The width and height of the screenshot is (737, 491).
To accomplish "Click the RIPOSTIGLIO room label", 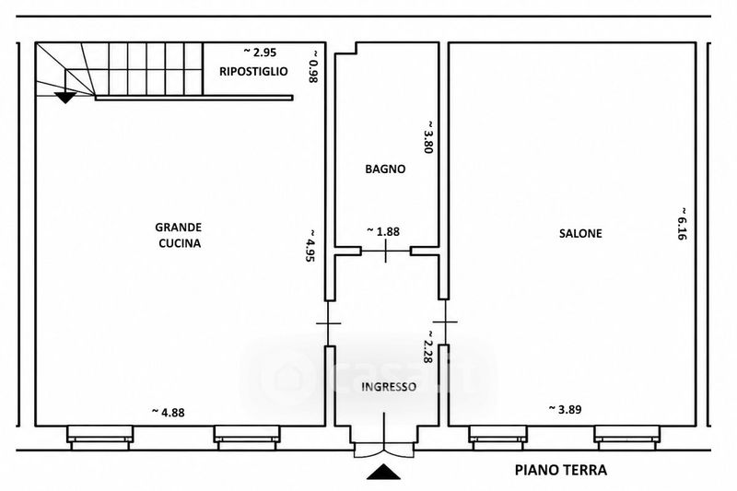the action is pyautogui.click(x=253, y=72).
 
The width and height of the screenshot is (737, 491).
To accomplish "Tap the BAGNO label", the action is pyautogui.click(x=385, y=169).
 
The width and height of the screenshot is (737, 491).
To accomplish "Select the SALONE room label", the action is pyautogui.click(x=580, y=233).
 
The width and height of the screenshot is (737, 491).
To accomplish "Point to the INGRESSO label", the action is pyautogui.click(x=389, y=387).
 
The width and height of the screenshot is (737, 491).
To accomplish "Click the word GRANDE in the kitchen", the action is pyautogui.click(x=179, y=228).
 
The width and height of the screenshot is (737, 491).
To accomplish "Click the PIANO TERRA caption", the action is pyautogui.click(x=561, y=470).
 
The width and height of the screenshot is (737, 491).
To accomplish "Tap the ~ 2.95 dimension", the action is pyautogui.click(x=260, y=52).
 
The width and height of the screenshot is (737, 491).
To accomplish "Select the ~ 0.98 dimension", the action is pyautogui.click(x=313, y=66).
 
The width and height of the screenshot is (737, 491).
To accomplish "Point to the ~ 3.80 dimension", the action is pyautogui.click(x=428, y=136).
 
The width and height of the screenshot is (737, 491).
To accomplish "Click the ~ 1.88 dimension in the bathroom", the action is pyautogui.click(x=383, y=231).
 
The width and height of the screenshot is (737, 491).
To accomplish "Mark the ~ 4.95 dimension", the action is pyautogui.click(x=310, y=245).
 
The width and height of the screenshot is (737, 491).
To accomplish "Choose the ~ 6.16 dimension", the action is pyautogui.click(x=683, y=223).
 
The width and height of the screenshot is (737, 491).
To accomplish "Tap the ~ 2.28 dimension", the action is pyautogui.click(x=427, y=345).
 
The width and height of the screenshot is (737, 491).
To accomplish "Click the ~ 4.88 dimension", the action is pyautogui.click(x=169, y=413).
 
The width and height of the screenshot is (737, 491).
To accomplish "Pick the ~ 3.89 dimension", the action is pyautogui.click(x=566, y=409).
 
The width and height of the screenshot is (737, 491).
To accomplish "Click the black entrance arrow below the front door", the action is pyautogui.click(x=383, y=472).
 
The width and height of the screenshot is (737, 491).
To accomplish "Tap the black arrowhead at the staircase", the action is pyautogui.click(x=65, y=98).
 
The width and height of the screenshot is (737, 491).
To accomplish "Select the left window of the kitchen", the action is pyautogui.click(x=100, y=438).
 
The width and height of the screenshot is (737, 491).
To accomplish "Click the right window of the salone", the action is pyautogui.click(x=627, y=438).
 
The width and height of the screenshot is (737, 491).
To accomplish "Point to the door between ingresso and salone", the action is pyautogui.click(x=445, y=322).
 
